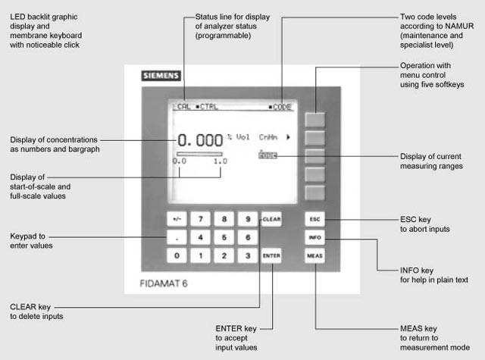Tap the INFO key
coord(314,237)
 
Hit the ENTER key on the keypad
coord(271,255)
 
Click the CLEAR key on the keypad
coord(271,220)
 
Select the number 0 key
coord(177,255)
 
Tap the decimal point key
coord(177,237)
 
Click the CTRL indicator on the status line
coord(207,107)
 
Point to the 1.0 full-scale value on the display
coord(220,161)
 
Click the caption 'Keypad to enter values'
coord(32,240)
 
